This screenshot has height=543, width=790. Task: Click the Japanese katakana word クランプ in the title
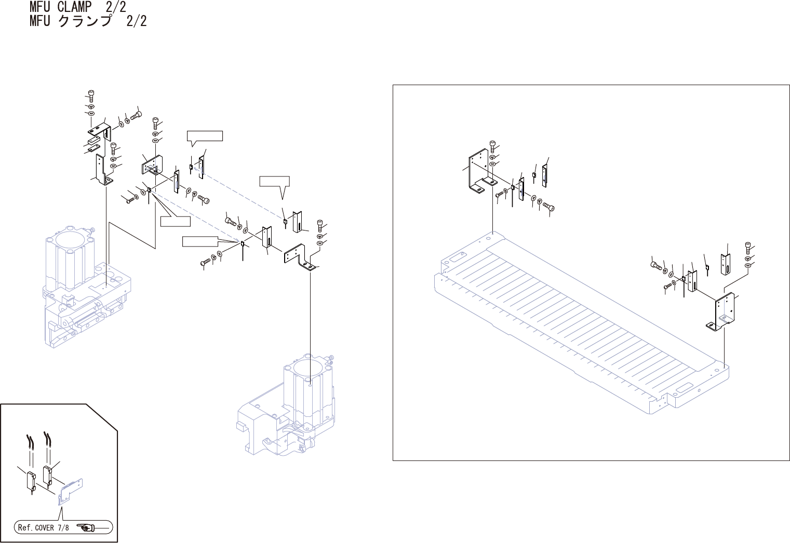click(85, 21)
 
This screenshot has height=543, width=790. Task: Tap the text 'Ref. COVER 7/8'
click(43, 528)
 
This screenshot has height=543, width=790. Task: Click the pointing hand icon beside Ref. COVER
click(86, 528)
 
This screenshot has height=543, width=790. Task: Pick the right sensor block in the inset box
click(47, 475)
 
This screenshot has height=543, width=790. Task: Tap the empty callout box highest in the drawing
click(205, 136)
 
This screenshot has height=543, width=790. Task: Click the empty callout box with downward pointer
click(274, 181)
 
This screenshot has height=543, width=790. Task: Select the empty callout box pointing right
click(199, 241)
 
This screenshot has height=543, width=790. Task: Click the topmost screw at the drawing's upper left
click(90, 94)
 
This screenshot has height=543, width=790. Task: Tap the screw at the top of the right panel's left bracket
click(492, 144)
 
